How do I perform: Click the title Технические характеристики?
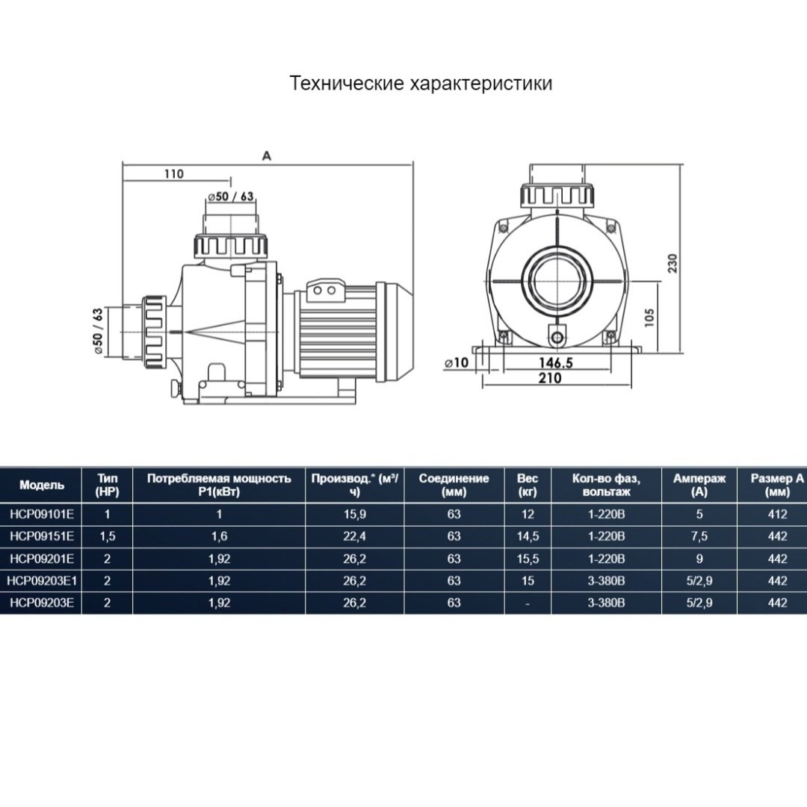point(421,83)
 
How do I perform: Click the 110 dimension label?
point(173,174)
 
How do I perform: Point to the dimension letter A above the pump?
point(266,155)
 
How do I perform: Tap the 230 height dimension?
point(674,262)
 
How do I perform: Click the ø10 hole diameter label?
point(456,362)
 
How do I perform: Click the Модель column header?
point(42,485)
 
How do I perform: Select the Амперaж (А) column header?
point(699,485)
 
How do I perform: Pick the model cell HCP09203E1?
point(43,581)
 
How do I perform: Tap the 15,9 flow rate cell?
point(354,514)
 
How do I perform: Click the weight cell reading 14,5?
point(528,537)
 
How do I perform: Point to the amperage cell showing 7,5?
point(699,537)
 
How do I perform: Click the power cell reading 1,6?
point(219,537)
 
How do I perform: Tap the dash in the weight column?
point(528,603)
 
